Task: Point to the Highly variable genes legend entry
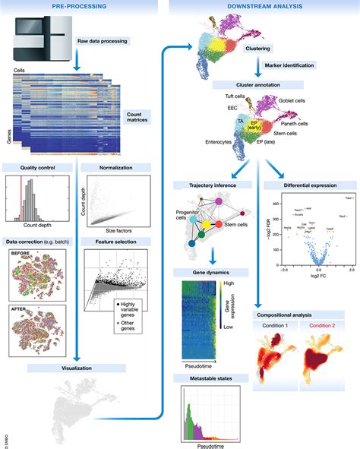[127, 306]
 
